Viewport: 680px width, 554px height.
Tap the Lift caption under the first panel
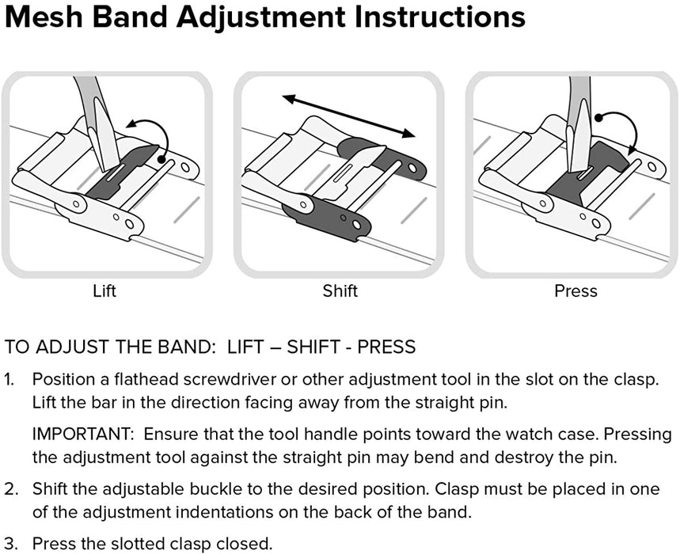(x=104, y=291)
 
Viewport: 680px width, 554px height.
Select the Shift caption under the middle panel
(x=340, y=291)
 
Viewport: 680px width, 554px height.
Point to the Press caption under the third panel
(x=576, y=291)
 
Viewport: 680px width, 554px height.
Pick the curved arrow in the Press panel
(x=620, y=131)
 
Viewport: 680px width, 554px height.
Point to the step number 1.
(x=9, y=380)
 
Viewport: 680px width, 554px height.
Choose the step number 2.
(x=9, y=491)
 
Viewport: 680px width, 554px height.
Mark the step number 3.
(x=9, y=544)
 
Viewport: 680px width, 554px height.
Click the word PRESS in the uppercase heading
(x=386, y=347)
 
